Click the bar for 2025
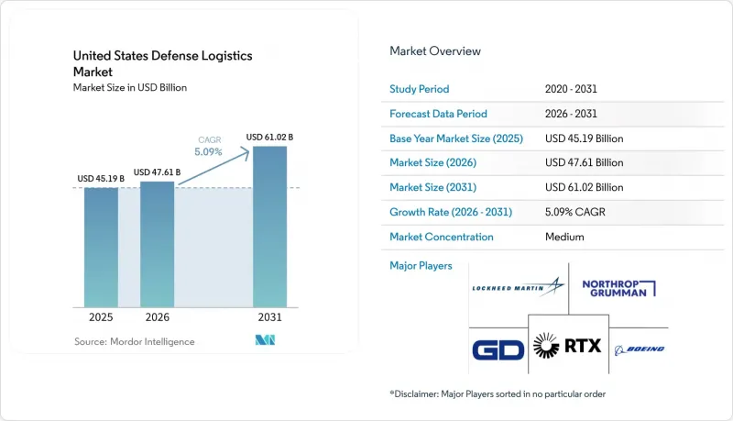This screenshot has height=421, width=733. point(101,248)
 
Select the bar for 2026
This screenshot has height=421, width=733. point(157,244)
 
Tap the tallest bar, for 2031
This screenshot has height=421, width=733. point(269,227)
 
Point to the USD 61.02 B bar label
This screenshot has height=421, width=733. point(269,137)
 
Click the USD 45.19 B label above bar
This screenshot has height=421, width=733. point(101,179)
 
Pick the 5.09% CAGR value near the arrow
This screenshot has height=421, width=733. point(209,151)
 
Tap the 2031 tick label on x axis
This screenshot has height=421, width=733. point(269,317)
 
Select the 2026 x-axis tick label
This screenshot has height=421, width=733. point(157,317)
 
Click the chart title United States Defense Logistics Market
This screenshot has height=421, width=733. point(163,63)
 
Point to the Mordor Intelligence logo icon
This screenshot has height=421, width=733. point(265,340)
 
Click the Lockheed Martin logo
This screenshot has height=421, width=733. point(518,287)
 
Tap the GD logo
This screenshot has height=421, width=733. point(498,349)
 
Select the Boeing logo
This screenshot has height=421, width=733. point(640,349)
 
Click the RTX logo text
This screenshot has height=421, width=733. point(583,346)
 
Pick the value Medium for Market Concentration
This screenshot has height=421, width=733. point(564,237)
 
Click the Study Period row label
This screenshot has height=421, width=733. point(420,89)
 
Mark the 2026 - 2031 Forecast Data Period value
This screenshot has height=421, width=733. point(571,114)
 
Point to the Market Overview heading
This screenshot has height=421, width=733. point(435,51)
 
